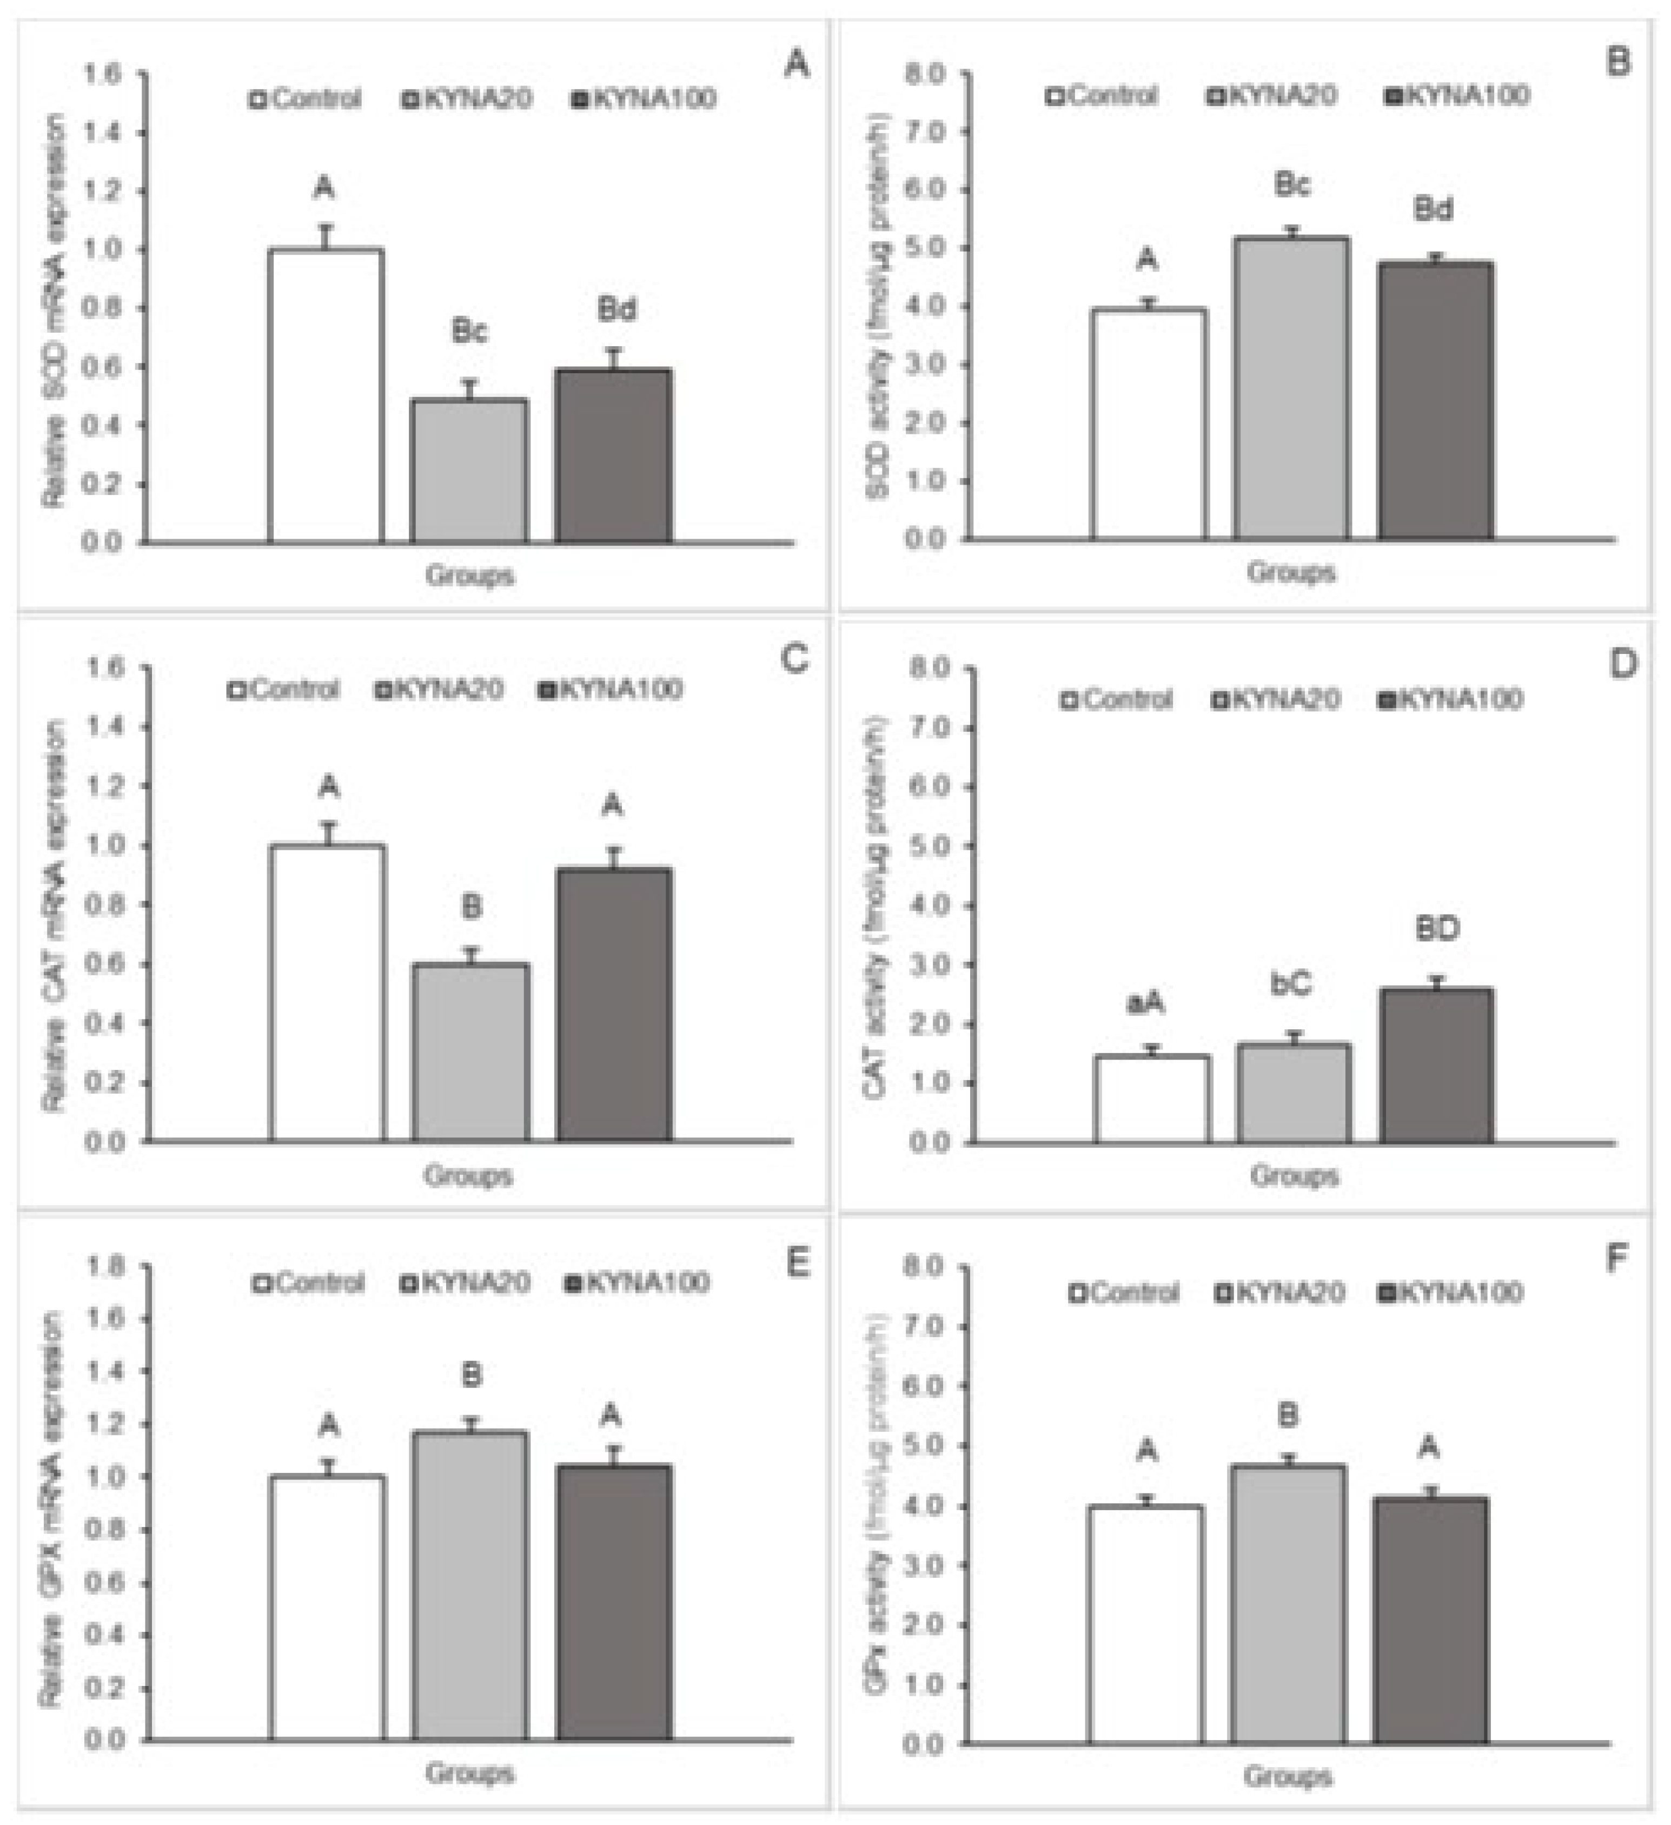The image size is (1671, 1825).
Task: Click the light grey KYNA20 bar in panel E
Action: tap(470, 1585)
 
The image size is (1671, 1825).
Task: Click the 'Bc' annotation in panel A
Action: tap(469, 332)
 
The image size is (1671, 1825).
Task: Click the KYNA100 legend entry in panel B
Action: tap(1458, 95)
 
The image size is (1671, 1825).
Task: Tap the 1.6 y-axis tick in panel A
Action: tap(102, 74)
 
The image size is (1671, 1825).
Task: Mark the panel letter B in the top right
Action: tap(1617, 62)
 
